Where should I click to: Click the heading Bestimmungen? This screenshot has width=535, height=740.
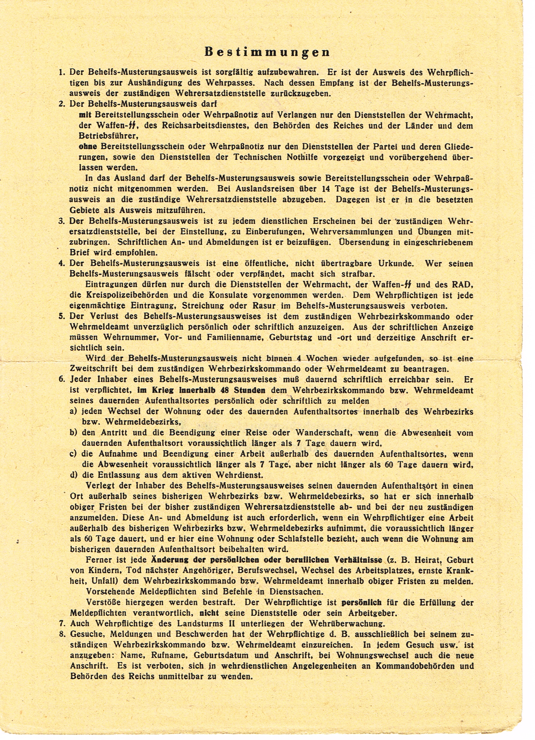pos(267,52)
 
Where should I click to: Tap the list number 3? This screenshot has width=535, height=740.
pos(61,221)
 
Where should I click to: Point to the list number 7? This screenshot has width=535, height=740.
pos(61,624)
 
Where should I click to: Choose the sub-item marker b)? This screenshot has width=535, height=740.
pos(73,433)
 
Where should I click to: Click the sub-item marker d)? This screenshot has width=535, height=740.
pos(73,475)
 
